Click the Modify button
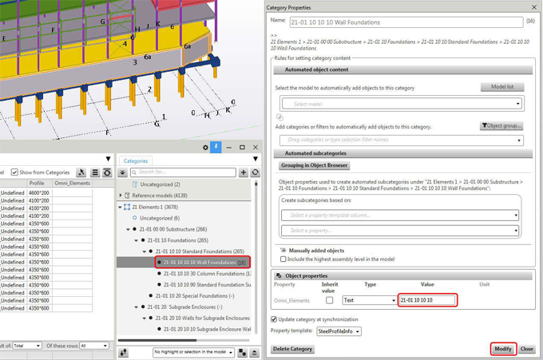click(x=502, y=349)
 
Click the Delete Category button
click(x=292, y=349)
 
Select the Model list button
click(x=501, y=87)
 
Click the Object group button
click(x=501, y=126)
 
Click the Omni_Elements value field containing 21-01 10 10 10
click(x=426, y=300)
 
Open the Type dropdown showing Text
click(x=368, y=300)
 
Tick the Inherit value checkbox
click(x=329, y=300)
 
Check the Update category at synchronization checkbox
click(x=275, y=319)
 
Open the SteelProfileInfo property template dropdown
click(x=339, y=331)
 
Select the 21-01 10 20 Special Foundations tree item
click(x=189, y=295)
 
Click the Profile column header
click(x=38, y=184)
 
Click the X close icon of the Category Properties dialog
click(x=534, y=7)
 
